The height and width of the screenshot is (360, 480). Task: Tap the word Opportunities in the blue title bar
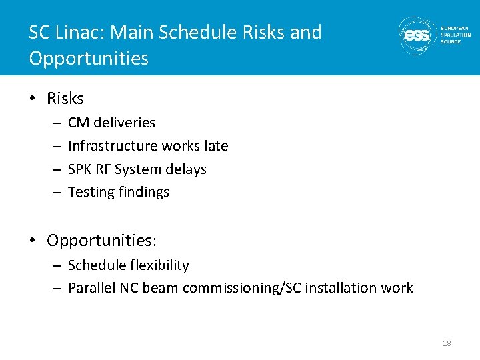(x=88, y=59)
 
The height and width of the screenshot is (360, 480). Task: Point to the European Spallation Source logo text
(x=455, y=35)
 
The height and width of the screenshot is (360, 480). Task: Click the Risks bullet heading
(x=65, y=99)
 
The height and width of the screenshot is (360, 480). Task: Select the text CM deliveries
(x=111, y=123)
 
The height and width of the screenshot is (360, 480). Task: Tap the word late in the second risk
(x=215, y=146)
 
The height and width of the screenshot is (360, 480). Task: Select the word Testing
(x=91, y=193)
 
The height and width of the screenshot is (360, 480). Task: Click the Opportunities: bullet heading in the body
(x=101, y=240)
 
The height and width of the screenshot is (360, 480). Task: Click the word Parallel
(x=91, y=288)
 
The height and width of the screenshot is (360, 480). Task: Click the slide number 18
(x=447, y=343)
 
